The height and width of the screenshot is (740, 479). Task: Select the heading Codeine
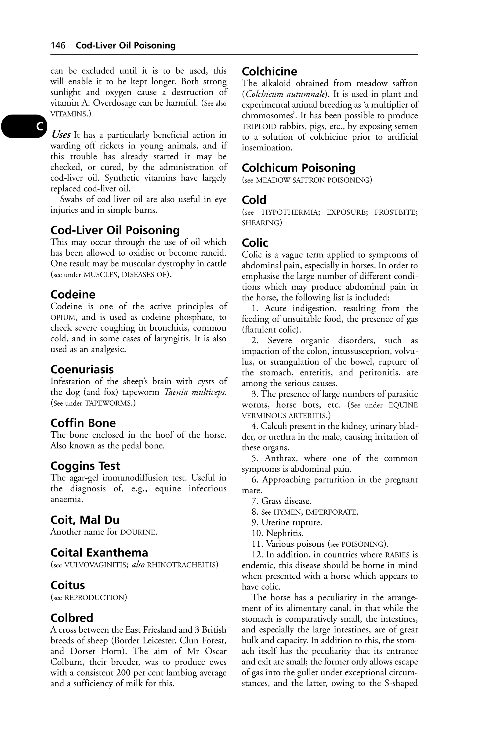(73, 294)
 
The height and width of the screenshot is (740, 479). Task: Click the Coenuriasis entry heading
(82, 369)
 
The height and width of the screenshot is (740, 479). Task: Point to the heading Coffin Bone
(83, 423)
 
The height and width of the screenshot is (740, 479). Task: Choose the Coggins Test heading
(85, 466)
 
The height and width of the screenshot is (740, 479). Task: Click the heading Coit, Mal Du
(85, 520)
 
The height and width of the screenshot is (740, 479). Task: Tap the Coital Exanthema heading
(99, 552)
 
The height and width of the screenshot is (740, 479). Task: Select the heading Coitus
(68, 585)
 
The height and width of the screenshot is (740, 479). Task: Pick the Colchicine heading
(269, 72)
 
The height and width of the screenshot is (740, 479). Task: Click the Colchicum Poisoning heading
(299, 168)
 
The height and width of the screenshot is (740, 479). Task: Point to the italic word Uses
(61, 135)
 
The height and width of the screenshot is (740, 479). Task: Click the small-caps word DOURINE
(138, 532)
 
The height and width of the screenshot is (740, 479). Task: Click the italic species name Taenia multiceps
(195, 392)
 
